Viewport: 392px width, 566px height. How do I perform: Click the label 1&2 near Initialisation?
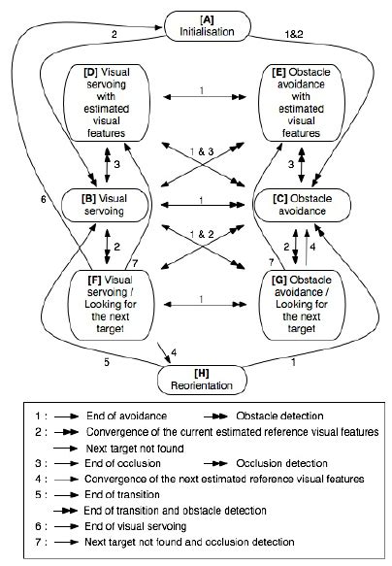[291, 36]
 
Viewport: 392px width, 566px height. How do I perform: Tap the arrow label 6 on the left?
[44, 199]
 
